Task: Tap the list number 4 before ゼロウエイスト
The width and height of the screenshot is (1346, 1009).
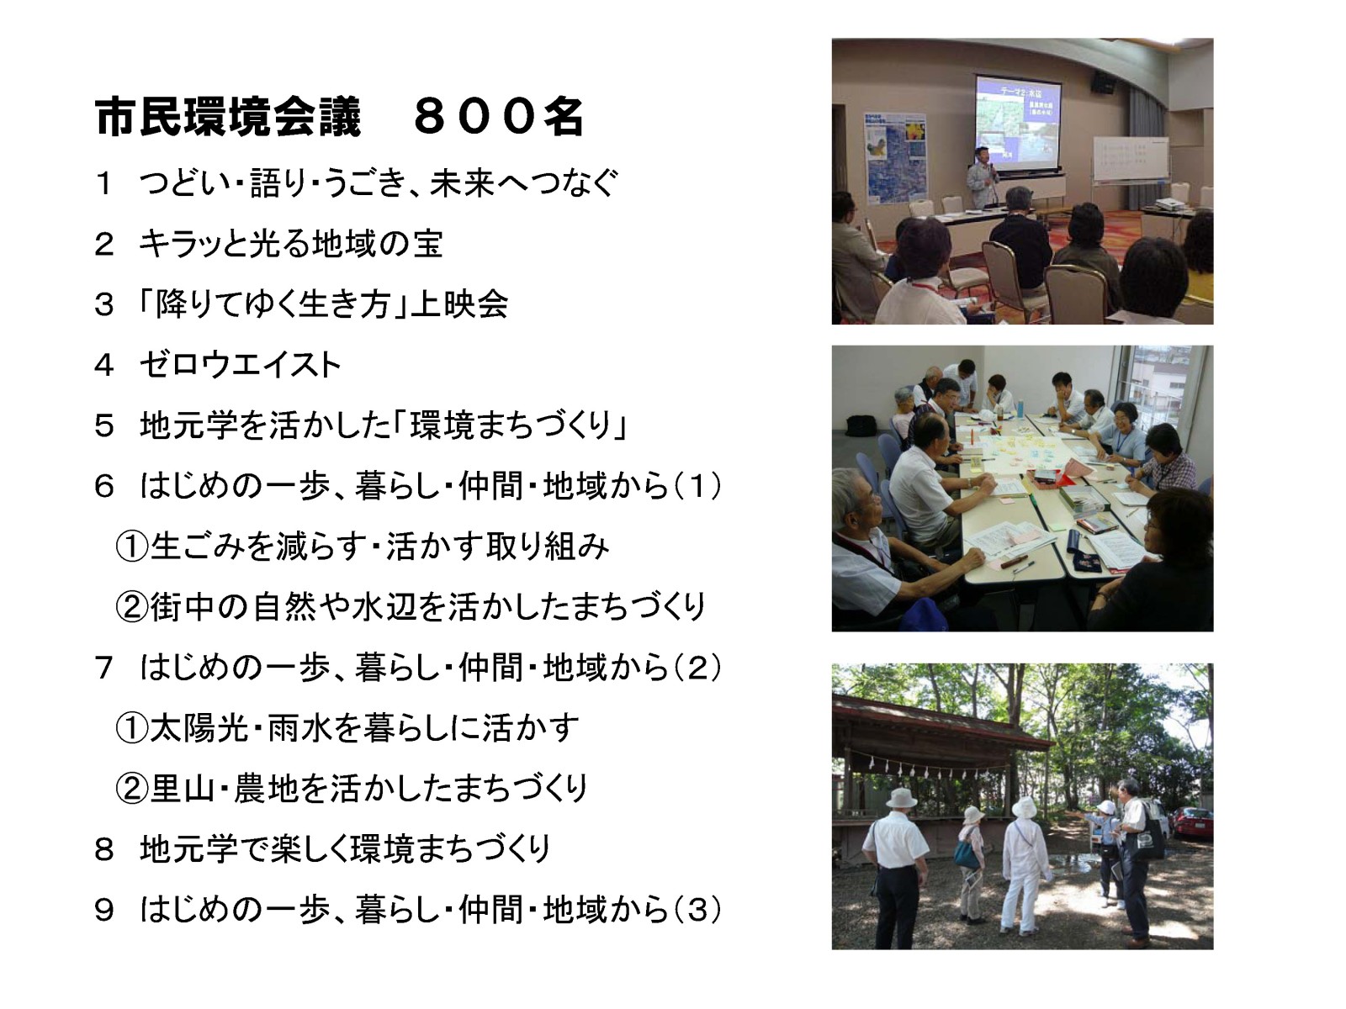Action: pos(104,365)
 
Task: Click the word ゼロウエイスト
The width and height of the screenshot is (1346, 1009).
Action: pos(240,365)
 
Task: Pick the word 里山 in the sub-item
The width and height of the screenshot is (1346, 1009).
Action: pos(181,789)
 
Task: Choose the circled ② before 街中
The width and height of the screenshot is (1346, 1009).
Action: pos(132,607)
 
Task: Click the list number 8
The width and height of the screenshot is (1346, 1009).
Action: pos(104,849)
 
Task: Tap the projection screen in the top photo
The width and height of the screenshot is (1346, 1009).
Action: pos(1017,122)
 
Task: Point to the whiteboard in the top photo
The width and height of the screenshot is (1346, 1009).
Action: pos(1130,159)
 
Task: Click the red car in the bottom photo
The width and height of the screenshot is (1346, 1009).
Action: pos(1192,821)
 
